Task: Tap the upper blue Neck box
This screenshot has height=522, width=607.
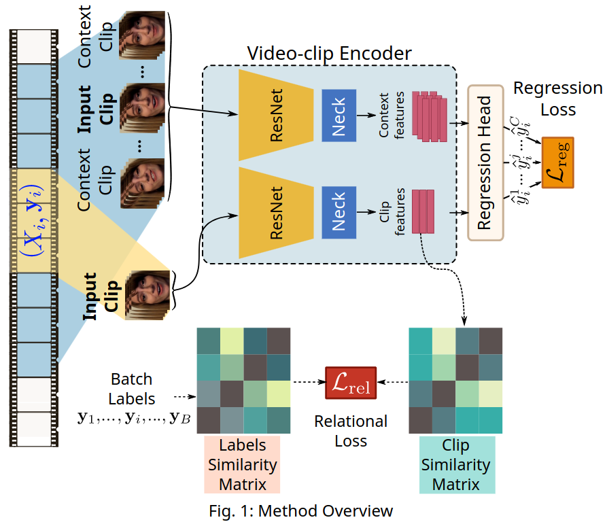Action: (x=339, y=115)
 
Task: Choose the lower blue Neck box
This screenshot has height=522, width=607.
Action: (x=339, y=212)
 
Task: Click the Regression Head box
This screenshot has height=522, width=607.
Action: (x=485, y=163)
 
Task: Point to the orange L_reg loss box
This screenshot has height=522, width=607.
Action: (x=557, y=162)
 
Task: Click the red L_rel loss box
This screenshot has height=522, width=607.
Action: (x=350, y=383)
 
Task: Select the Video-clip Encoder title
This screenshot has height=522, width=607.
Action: (x=330, y=53)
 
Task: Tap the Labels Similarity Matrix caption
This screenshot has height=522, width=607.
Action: (x=243, y=465)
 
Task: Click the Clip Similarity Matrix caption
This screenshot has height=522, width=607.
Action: (x=456, y=465)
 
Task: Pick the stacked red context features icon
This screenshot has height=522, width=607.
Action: (x=429, y=115)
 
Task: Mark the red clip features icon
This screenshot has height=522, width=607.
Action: (x=422, y=211)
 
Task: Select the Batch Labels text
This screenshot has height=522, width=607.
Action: (x=133, y=389)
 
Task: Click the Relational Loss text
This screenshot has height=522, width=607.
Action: (x=351, y=431)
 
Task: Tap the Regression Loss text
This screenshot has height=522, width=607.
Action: (x=557, y=99)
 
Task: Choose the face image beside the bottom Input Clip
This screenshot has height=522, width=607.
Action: (x=145, y=294)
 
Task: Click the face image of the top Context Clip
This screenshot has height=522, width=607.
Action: (x=143, y=33)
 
